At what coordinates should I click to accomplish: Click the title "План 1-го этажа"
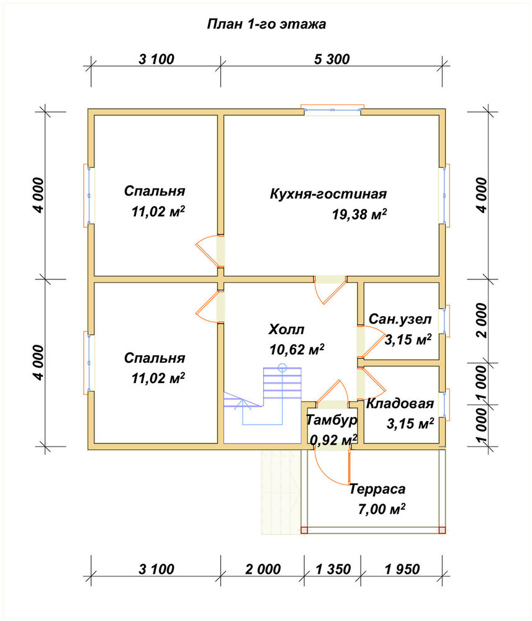click(x=266, y=24)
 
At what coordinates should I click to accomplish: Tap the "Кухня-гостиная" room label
click(x=328, y=194)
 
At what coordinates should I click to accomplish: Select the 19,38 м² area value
click(x=359, y=214)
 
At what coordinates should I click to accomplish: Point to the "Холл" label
click(x=287, y=329)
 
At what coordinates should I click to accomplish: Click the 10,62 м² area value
click(x=297, y=349)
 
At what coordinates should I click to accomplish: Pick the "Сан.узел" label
click(x=400, y=319)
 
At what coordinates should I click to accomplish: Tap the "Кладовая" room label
click(x=400, y=404)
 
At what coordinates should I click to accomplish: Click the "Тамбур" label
click(x=331, y=420)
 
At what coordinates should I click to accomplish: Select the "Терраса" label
click(x=377, y=489)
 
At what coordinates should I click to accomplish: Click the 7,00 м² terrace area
click(x=382, y=509)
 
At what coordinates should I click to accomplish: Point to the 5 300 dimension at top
click(x=331, y=60)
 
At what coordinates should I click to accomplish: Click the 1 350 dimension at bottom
click(x=333, y=569)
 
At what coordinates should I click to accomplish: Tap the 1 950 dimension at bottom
click(x=402, y=569)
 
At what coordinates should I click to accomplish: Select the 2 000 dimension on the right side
click(x=482, y=320)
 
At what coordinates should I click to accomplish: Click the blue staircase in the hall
click(x=263, y=406)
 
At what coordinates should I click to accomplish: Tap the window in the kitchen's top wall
click(x=332, y=110)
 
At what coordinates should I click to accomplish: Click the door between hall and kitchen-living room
click(x=330, y=289)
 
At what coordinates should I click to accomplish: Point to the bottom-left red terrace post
click(x=304, y=530)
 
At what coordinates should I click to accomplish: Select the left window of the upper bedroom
click(x=89, y=196)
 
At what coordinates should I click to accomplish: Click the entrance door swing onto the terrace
click(x=331, y=468)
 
